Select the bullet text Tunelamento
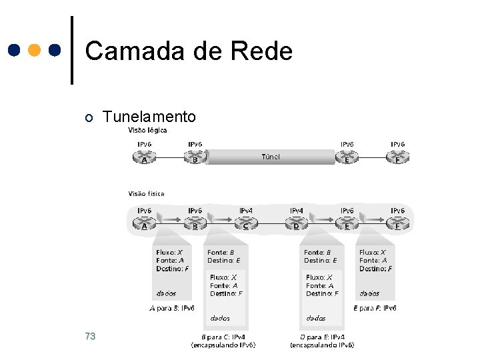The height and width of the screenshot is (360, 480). coord(150,117)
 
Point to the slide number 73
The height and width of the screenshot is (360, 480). coord(91,336)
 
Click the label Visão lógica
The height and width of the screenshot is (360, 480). coord(147,130)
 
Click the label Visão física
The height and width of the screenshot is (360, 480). coord(146,194)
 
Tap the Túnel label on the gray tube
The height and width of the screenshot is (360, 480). coord(270,157)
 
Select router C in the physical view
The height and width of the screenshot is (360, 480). coord(246,225)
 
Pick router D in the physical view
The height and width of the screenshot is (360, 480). coord(297,225)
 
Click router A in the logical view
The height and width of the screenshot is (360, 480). coord(144,159)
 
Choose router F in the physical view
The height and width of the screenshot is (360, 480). coord(398,225)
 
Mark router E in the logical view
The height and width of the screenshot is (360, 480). coord(347,159)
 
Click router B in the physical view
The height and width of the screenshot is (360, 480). coord(195,225)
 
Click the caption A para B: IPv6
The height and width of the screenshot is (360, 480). coord(172,308)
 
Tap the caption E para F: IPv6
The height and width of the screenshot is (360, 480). coord(375,308)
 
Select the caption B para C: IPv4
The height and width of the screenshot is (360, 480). coord(223,337)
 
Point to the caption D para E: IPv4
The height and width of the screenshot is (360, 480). coord(322,337)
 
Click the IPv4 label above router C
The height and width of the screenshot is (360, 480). coord(246,211)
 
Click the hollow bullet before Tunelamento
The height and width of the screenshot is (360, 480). coord(89,118)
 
